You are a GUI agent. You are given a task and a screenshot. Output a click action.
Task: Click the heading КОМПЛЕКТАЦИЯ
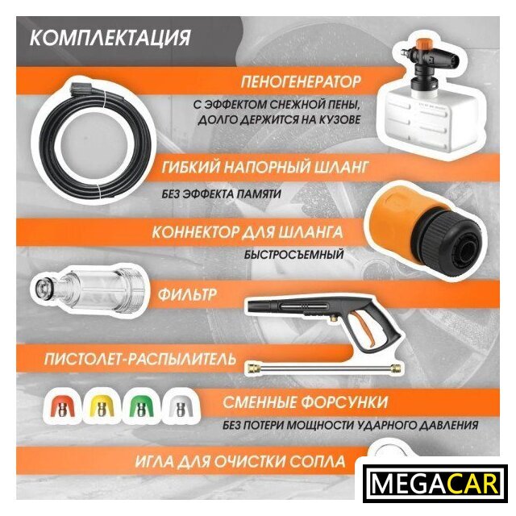110,37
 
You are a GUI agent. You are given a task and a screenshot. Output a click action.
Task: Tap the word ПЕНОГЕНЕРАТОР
301,81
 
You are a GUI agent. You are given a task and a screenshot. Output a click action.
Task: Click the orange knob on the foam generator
423,44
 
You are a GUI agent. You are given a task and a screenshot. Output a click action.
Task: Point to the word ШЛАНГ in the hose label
342,167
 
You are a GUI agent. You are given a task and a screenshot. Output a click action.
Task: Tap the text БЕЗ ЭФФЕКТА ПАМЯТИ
221,193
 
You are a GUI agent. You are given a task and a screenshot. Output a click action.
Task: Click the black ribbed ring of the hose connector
444,243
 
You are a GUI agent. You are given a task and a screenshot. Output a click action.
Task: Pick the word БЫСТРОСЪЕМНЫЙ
293,255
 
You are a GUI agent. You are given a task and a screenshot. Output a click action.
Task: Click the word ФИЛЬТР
187,293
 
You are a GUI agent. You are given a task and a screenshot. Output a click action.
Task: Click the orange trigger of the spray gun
364,330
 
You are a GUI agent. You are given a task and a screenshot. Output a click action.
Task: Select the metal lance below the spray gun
324,368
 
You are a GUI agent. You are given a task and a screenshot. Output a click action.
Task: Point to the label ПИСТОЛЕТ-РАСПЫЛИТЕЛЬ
140,359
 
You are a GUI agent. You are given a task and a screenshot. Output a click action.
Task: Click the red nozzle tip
61,407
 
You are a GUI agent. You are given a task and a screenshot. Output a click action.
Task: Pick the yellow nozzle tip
102,407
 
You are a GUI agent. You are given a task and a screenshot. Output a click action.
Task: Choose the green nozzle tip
141,407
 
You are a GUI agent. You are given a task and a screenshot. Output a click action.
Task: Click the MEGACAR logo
434,484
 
